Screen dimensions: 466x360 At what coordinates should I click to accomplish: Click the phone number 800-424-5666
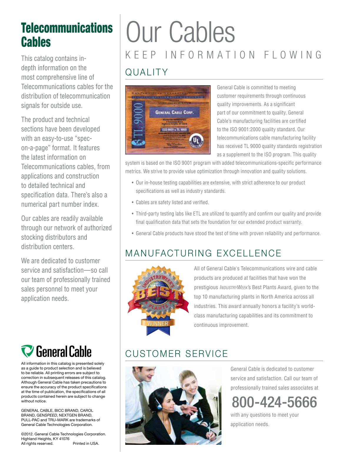coord(274,402)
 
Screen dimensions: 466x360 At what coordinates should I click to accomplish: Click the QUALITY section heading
coord(146,72)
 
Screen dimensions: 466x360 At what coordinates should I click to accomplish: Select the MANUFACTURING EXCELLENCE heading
coord(203,253)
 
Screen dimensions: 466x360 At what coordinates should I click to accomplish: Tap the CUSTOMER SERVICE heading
coord(176,354)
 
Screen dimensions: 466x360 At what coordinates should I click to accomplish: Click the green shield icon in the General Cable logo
coord(27,351)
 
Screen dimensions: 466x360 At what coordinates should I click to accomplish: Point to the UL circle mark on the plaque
coord(196,140)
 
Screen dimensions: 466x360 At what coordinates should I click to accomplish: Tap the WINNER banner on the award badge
coord(158,323)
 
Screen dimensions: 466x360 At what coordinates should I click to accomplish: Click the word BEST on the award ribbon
coord(158,294)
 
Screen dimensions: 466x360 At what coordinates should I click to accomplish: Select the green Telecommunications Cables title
coord(66,35)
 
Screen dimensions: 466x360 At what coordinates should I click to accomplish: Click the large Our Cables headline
coord(180,32)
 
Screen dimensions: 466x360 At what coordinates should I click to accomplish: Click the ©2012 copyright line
coord(63,434)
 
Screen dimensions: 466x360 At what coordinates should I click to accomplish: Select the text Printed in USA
coord(86,443)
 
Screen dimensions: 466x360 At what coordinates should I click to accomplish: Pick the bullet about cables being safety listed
coord(172,202)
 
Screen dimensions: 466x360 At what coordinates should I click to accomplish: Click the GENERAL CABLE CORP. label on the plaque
coord(174,112)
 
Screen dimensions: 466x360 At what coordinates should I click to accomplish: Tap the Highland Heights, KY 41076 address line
coord(45,439)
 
